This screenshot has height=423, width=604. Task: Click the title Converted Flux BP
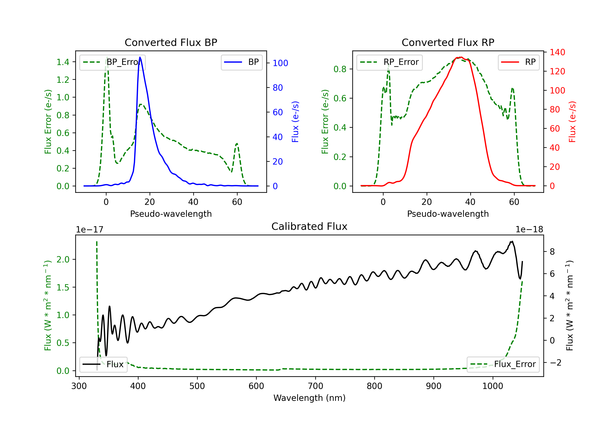pyautogui.click(x=171, y=42)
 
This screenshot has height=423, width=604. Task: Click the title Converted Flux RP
pyautogui.click(x=448, y=42)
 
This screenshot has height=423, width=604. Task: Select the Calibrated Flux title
pyautogui.click(x=309, y=226)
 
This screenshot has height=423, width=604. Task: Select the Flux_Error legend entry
pyautogui.click(x=503, y=364)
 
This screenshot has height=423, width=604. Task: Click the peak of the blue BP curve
pyautogui.click(x=140, y=57)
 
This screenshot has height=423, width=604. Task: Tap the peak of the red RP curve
pyautogui.click(x=461, y=57)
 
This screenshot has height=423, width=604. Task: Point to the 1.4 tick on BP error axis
pyautogui.click(x=63, y=62)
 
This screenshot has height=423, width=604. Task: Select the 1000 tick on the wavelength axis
pyautogui.click(x=492, y=386)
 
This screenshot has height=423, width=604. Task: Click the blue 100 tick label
pyautogui.click(x=280, y=63)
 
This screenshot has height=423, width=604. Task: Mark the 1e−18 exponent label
pyautogui.click(x=529, y=230)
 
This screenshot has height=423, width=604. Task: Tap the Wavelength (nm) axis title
pyautogui.click(x=309, y=398)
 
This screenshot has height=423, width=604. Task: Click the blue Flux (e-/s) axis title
pyautogui.click(x=295, y=122)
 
